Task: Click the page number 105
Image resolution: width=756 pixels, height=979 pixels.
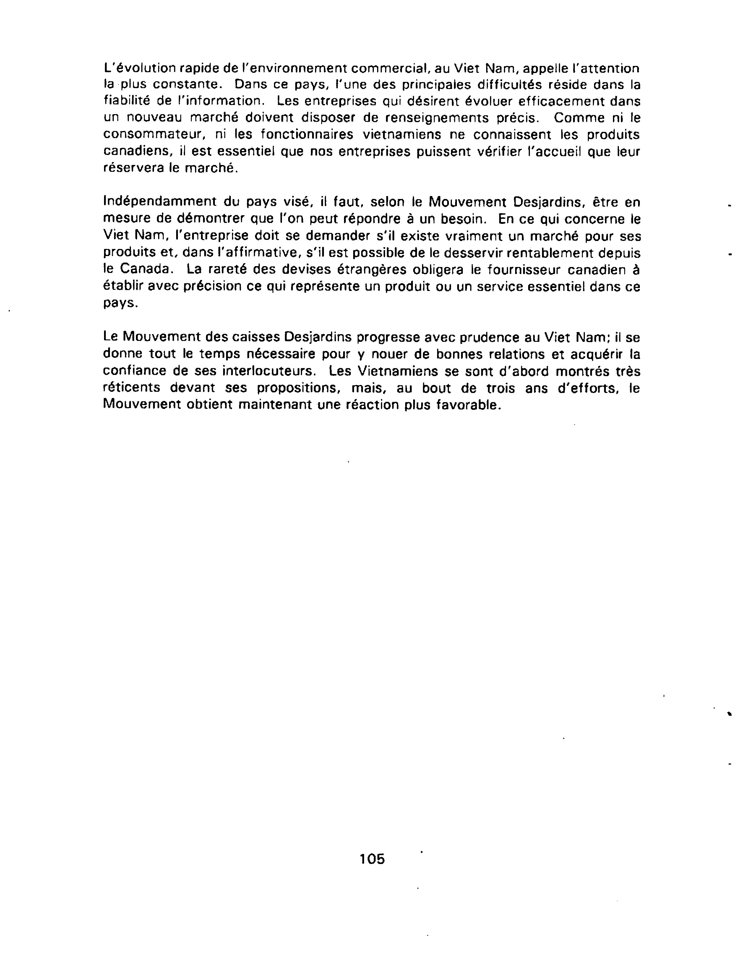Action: (x=372, y=858)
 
